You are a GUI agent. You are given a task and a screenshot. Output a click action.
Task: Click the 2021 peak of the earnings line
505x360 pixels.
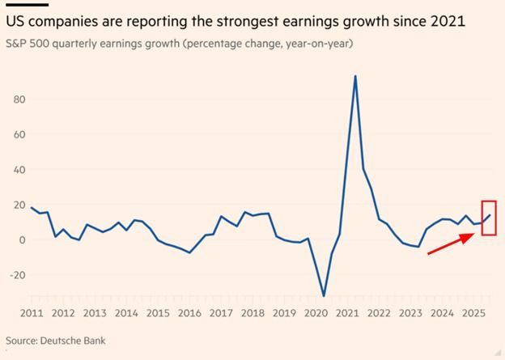(355, 76)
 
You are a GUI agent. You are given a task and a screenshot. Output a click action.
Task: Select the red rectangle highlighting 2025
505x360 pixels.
(488, 218)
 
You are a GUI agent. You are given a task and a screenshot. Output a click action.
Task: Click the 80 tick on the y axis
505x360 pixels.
(19, 100)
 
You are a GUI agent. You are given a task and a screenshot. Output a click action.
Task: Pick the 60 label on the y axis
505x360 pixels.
(19, 135)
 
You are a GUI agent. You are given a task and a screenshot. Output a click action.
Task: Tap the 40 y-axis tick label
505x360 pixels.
(19, 170)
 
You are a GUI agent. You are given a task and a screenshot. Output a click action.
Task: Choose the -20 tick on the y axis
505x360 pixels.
(18, 275)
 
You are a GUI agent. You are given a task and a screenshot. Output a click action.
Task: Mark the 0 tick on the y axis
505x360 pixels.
(22, 239)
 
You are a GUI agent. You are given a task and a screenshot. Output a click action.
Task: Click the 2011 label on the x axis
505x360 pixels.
(32, 313)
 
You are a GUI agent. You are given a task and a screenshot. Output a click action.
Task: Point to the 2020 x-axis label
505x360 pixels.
(314, 313)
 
